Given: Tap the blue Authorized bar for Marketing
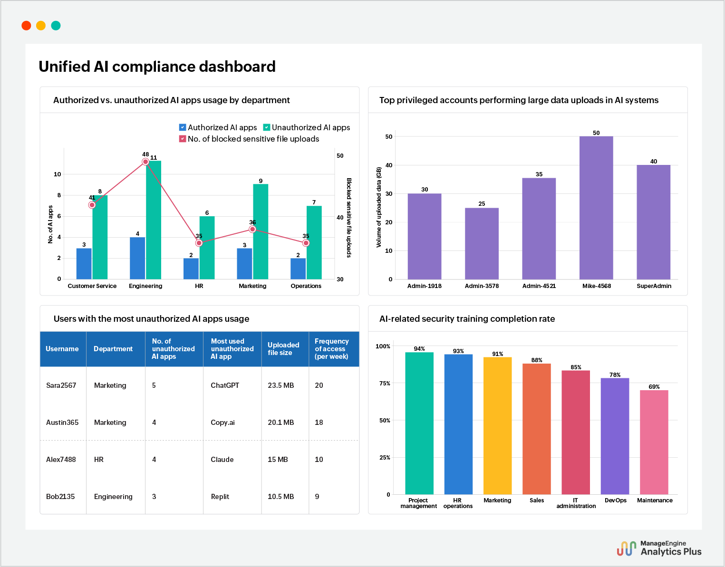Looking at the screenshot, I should pos(244,263).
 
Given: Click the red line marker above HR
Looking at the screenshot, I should pos(199,243).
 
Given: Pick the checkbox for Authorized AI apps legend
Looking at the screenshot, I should pos(183,127).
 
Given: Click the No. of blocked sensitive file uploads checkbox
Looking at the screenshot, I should pos(183,139).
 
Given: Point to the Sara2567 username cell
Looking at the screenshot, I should pos(61,385).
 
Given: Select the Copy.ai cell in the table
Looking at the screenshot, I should pos(222,423).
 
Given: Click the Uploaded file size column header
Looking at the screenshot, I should pos(283,349).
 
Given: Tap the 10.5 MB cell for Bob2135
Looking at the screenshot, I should pos(280,497).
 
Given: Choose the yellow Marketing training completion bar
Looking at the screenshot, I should pos(497,425).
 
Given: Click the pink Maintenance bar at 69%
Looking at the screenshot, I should pos(654,442).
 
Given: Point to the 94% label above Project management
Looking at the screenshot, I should pos(419,349).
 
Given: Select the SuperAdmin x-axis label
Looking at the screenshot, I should pos(654,286).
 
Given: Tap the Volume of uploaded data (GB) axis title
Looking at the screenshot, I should pos(379,207).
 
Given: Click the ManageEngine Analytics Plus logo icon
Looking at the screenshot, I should pos(626,548).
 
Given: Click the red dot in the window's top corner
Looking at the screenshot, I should pos(27,26).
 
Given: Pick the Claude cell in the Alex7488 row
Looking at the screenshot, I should pos(222,460).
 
